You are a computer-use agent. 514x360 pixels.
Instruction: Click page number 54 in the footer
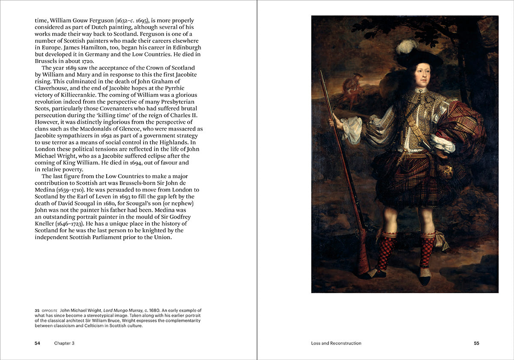[x=37, y=343]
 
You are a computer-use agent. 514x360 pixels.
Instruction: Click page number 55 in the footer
[x=476, y=343]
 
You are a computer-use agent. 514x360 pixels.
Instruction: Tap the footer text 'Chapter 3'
[x=64, y=343]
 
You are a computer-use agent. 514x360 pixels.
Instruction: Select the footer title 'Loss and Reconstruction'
[x=336, y=343]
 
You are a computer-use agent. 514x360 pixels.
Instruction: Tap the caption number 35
[x=37, y=310]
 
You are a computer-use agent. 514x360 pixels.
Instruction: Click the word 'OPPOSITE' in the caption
[x=50, y=310]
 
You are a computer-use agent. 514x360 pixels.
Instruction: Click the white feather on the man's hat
[x=406, y=46]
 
